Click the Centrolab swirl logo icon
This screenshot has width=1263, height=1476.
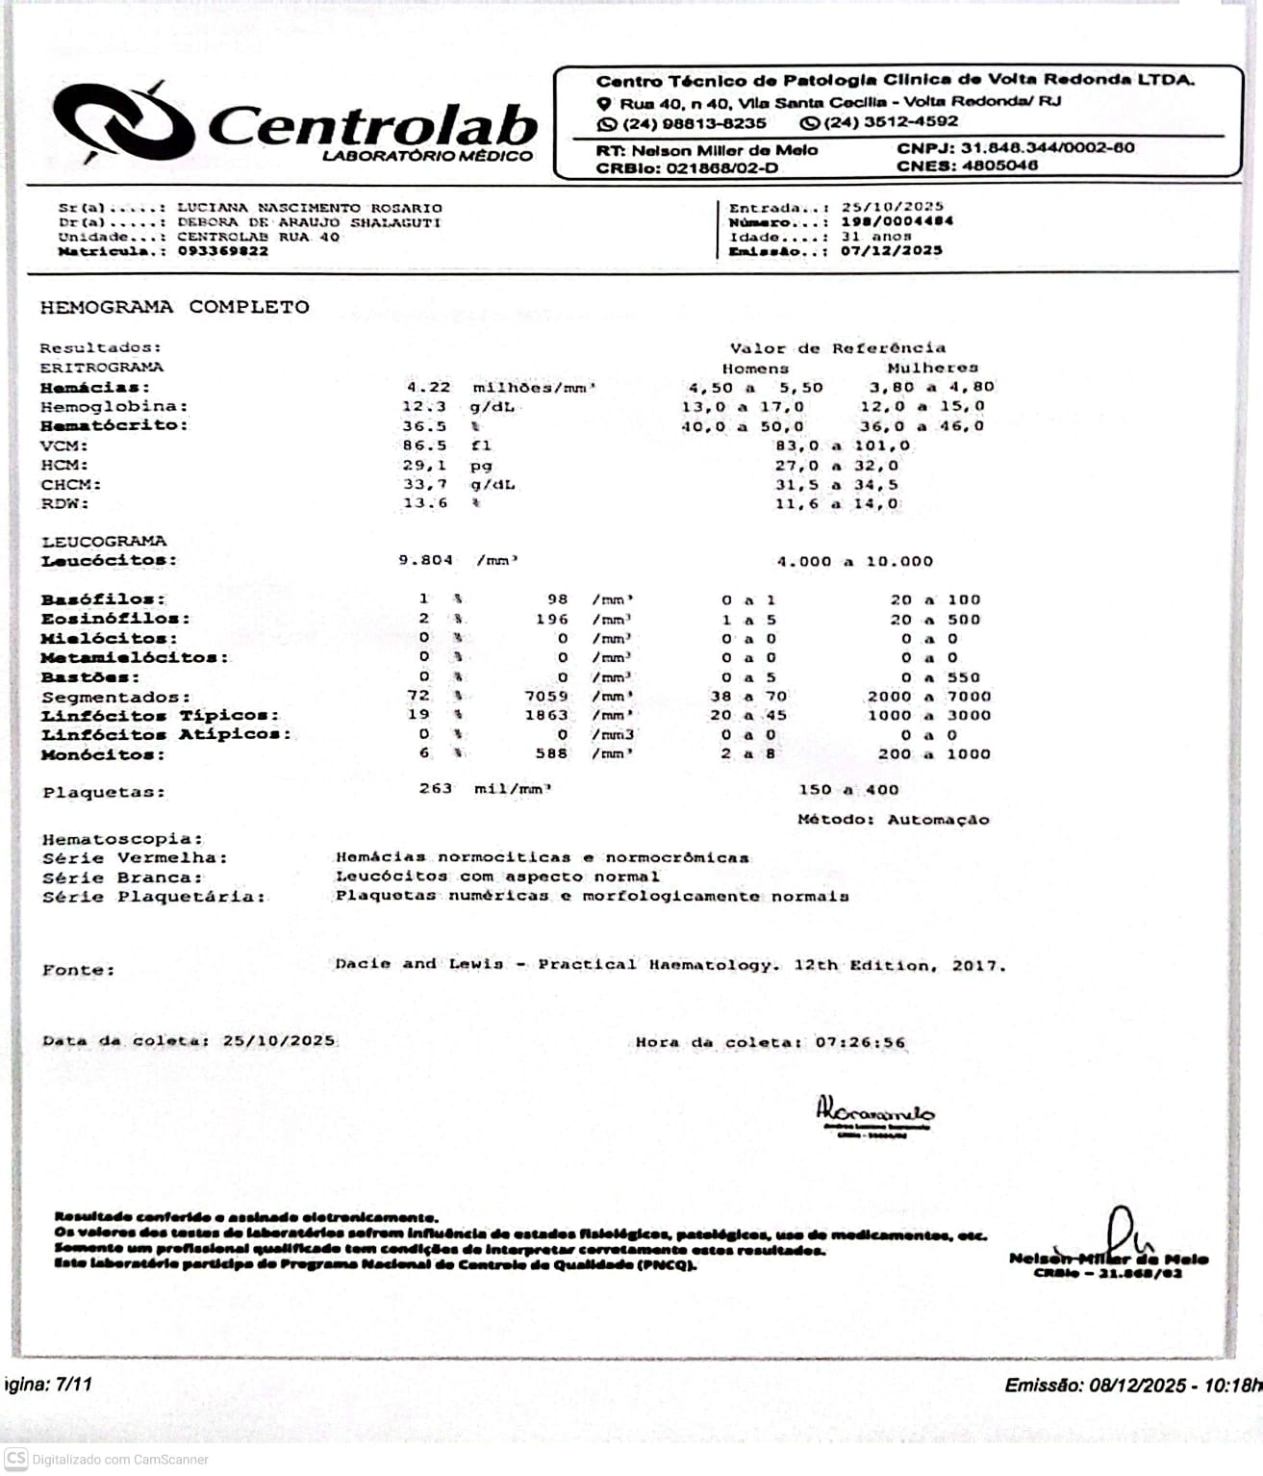pos(123,123)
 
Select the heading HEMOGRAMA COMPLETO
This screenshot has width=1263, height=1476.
pos(174,307)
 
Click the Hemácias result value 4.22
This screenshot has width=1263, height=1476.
pos(428,387)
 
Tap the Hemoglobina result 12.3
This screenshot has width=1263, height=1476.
pos(424,406)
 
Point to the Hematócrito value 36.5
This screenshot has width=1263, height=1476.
pos(424,425)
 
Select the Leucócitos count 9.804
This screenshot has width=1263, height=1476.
pos(425,560)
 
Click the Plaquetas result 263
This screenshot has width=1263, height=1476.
pos(435,788)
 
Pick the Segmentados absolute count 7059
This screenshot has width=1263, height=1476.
pos(545,696)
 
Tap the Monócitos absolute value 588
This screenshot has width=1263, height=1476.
pos(551,753)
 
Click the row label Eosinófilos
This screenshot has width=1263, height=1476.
pos(114,619)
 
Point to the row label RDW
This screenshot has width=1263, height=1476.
pos(64,503)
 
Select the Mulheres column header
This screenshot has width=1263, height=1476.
pos(932,368)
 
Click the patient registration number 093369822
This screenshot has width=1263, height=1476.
pos(223,251)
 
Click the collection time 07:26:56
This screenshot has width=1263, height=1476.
pos(860,1042)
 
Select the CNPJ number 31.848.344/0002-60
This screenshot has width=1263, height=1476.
pos(1042,148)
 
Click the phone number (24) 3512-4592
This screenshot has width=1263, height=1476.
pos(891,122)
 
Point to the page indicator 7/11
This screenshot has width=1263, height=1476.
pos(74,1385)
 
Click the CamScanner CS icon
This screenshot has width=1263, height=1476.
pos(16,1459)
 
